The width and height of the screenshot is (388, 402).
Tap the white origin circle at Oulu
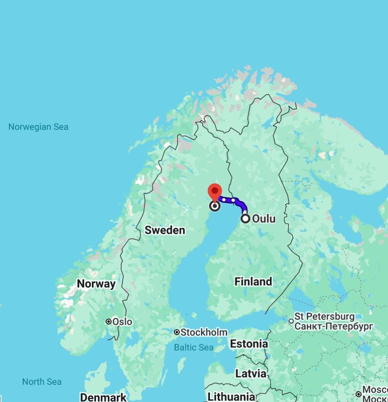point(245,219)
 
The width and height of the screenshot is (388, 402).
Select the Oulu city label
point(264,219)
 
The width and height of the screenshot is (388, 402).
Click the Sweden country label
point(165,230)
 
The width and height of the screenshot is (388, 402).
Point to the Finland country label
point(253,282)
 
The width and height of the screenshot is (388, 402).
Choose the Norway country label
point(96,284)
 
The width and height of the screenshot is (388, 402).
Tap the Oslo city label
point(122,322)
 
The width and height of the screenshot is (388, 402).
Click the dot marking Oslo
point(109,322)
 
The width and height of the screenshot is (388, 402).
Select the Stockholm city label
point(204,332)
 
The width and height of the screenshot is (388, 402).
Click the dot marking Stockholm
point(177,332)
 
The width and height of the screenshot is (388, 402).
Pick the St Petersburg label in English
point(324,317)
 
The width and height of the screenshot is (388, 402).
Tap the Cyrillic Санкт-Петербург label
point(334,327)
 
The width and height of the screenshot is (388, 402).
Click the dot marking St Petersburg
point(291,321)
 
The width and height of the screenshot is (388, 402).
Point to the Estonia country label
point(249,344)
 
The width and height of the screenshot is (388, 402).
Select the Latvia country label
point(251,374)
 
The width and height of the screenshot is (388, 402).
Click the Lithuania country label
point(231,397)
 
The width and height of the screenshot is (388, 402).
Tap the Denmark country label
point(103,397)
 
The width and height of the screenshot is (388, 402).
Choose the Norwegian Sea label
point(39,127)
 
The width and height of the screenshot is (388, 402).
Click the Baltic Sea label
point(194,348)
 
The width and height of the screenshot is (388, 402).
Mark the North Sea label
point(42,382)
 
